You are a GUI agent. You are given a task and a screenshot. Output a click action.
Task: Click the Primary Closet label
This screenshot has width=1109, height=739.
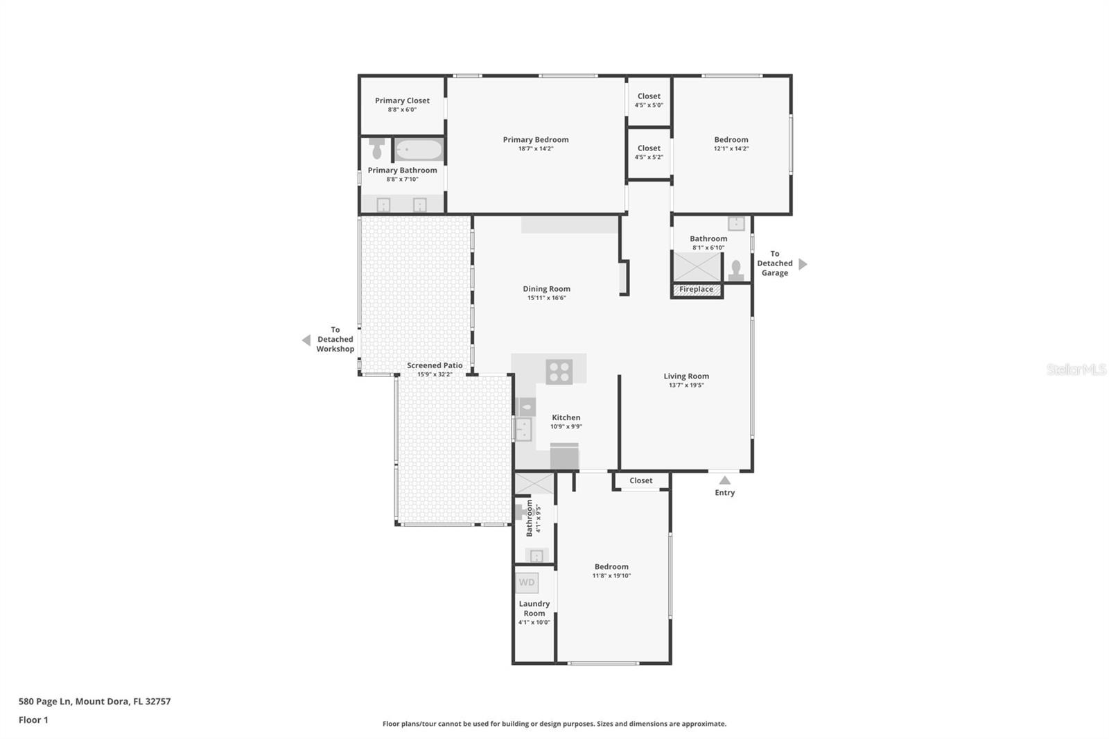coord(402,101)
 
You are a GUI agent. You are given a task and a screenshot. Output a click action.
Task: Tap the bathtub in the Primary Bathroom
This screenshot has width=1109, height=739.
coord(419,150)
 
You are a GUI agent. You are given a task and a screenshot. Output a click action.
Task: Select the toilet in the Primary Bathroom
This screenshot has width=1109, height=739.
coord(377,148)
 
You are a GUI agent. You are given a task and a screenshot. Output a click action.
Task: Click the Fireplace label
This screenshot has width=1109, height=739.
coord(696,289)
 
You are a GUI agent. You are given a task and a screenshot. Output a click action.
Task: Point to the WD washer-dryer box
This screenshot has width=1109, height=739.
coord(526,582)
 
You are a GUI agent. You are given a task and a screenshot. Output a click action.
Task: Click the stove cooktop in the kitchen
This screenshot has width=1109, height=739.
coord(559,372)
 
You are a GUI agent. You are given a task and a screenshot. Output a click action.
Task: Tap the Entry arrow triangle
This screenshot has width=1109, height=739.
coord(725,480)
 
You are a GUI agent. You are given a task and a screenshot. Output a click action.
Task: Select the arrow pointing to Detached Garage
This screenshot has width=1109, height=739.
coord(803,264)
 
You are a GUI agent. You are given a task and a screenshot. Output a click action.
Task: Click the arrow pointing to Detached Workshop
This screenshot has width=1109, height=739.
coord(306,340)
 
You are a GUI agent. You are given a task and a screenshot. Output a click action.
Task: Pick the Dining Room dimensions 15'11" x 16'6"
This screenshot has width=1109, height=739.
coord(547,297)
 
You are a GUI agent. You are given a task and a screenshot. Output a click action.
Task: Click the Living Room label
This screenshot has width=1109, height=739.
coord(686,376)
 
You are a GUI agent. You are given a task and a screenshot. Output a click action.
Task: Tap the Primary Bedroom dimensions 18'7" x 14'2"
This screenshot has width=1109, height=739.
coord(536,148)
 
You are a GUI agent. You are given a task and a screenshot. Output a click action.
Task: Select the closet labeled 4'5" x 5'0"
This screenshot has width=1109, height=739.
coord(649,101)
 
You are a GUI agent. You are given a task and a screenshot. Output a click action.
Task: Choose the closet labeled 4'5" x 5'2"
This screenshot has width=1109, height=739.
coord(649,153)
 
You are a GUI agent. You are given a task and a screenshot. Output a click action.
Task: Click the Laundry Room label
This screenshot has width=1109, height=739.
coord(534,608)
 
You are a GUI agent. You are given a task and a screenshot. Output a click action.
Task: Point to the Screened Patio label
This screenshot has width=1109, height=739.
coord(435,365)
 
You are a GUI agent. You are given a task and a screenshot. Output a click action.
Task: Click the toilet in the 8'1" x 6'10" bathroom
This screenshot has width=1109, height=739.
coord(735,271)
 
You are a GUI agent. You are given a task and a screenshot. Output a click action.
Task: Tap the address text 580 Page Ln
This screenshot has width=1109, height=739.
coord(45,702)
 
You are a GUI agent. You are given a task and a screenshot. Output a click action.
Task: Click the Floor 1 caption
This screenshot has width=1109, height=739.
coord(33,720)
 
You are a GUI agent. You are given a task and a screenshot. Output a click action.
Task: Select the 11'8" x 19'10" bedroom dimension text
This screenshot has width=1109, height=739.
coord(611,575)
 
